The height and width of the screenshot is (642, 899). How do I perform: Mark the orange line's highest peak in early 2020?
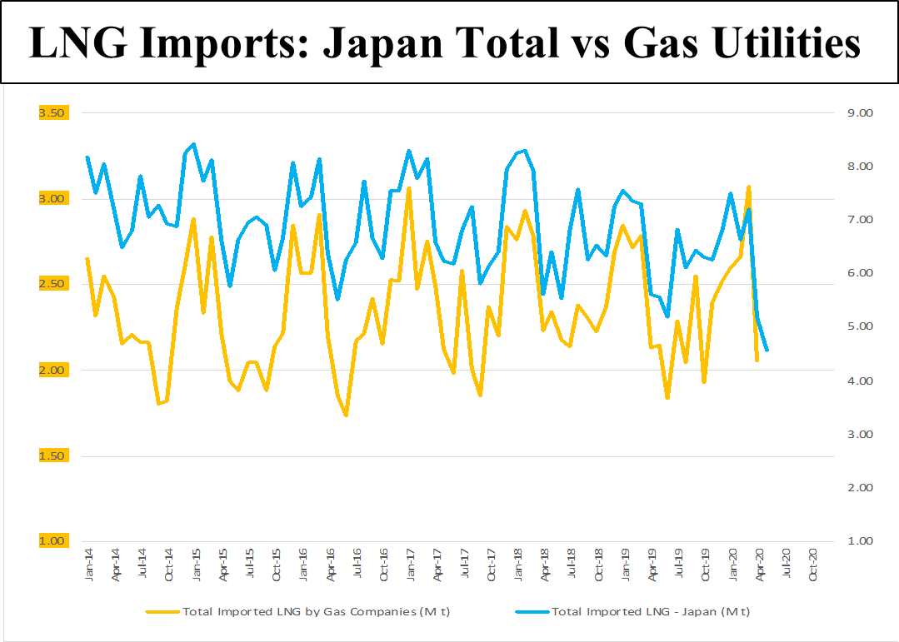point(748,187)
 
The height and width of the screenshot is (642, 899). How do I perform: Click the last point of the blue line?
point(767,351)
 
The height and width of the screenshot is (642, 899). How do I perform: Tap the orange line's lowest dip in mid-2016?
point(346,415)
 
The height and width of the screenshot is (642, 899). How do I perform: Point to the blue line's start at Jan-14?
point(87,157)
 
